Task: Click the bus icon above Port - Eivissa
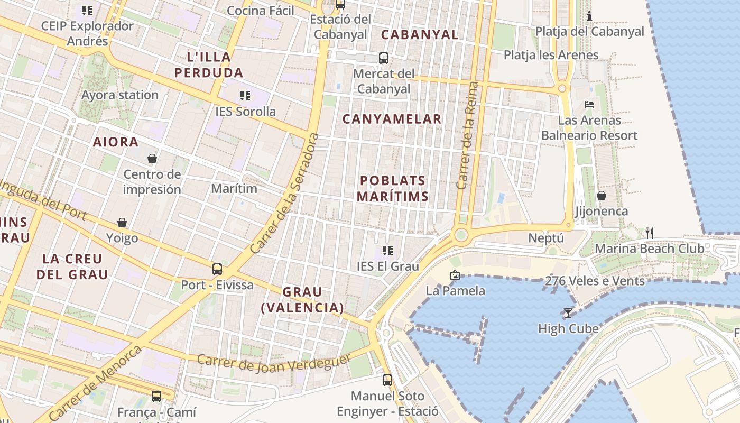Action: click(x=217, y=269)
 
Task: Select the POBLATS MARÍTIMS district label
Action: click(x=392, y=189)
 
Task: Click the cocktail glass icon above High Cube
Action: click(x=568, y=313)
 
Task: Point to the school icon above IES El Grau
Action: click(x=388, y=251)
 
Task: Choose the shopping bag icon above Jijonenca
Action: click(x=601, y=196)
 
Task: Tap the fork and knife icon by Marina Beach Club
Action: click(x=650, y=233)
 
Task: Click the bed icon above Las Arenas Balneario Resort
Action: click(x=589, y=105)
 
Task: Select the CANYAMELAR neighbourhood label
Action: click(x=392, y=119)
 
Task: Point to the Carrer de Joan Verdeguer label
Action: click(x=274, y=362)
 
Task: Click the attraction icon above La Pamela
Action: click(x=455, y=275)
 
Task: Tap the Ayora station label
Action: click(x=120, y=95)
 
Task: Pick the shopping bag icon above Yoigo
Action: click(x=122, y=223)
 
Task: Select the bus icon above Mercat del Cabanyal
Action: click(x=384, y=58)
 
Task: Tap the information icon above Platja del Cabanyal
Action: click(x=589, y=16)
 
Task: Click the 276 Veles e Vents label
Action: click(x=595, y=281)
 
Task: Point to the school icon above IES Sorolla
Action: click(x=245, y=96)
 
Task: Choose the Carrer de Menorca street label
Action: click(x=96, y=383)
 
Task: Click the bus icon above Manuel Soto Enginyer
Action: click(x=387, y=380)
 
